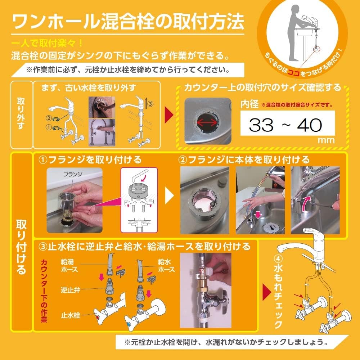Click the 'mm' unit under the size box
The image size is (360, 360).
pyautogui.click(x=328, y=140)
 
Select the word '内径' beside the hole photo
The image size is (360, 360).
pyautogui.click(x=249, y=105)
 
